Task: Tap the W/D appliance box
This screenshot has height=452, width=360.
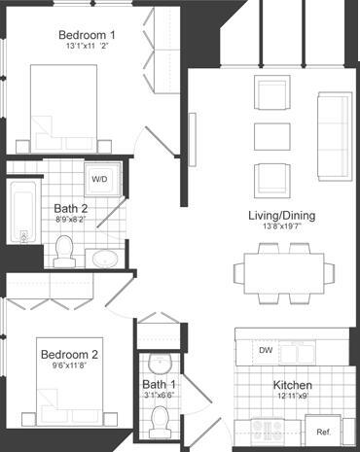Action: click(x=100, y=179)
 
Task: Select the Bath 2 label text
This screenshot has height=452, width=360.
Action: click(x=70, y=207)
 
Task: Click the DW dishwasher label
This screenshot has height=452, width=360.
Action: click(x=265, y=349)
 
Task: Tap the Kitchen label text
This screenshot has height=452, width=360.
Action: click(x=292, y=385)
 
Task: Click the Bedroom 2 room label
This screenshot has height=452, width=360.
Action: click(x=70, y=355)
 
